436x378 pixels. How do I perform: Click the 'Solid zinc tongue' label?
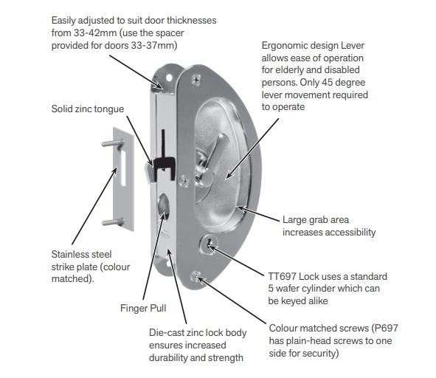point(88,109)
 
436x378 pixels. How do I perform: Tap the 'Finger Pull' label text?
point(143,308)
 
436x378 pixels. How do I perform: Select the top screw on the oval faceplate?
point(196,78)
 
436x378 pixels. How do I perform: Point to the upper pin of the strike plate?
point(113,144)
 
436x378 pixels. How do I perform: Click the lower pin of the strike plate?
point(113,221)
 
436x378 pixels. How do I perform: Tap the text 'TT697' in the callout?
point(282,276)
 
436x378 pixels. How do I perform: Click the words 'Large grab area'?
point(316,220)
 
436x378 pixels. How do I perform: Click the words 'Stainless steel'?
point(81,255)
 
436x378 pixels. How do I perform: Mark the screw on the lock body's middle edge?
point(184,181)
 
